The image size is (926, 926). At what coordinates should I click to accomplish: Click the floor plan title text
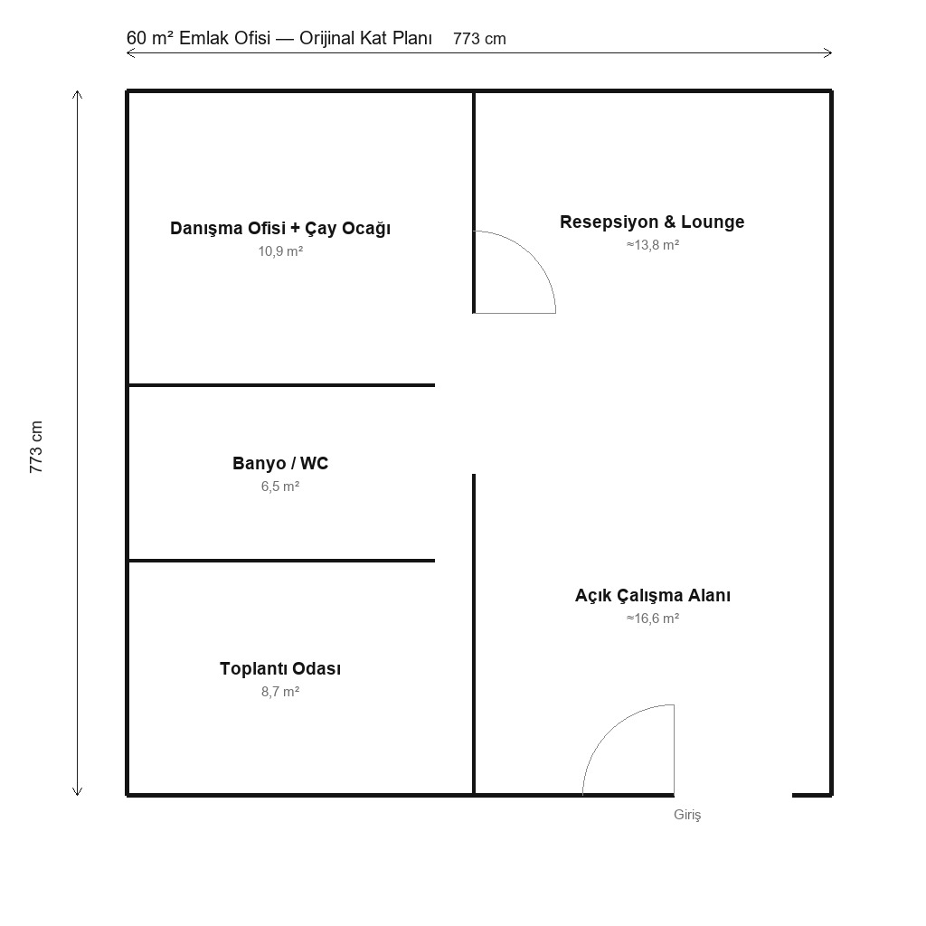point(279,38)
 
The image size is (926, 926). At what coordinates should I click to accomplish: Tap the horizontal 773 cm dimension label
point(479,39)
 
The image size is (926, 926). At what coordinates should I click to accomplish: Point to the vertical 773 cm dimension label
point(36,447)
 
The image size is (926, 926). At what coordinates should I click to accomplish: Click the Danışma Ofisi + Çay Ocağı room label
point(280,229)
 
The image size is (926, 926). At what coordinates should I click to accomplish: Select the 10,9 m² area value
point(280,251)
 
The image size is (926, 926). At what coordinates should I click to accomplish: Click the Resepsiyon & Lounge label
point(652,222)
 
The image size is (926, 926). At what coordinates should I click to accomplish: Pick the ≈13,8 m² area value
point(653,245)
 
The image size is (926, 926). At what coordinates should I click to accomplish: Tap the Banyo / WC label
point(280,464)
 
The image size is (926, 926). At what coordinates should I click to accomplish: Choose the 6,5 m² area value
point(280,487)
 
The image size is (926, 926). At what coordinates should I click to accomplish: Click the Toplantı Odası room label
point(280,668)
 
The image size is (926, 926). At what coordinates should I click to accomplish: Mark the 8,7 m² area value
point(280,692)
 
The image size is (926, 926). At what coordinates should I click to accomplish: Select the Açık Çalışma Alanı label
point(653,596)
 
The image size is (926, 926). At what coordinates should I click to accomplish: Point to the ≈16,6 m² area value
point(653,619)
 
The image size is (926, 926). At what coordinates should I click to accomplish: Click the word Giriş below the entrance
point(687,815)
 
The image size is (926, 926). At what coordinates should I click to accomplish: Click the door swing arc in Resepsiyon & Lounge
point(532,255)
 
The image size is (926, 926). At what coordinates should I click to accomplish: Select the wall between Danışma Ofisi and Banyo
point(282,385)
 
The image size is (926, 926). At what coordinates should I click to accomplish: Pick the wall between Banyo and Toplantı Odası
point(282,561)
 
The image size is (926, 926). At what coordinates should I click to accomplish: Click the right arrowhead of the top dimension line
point(828,53)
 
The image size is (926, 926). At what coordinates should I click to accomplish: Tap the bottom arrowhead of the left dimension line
point(77,791)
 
